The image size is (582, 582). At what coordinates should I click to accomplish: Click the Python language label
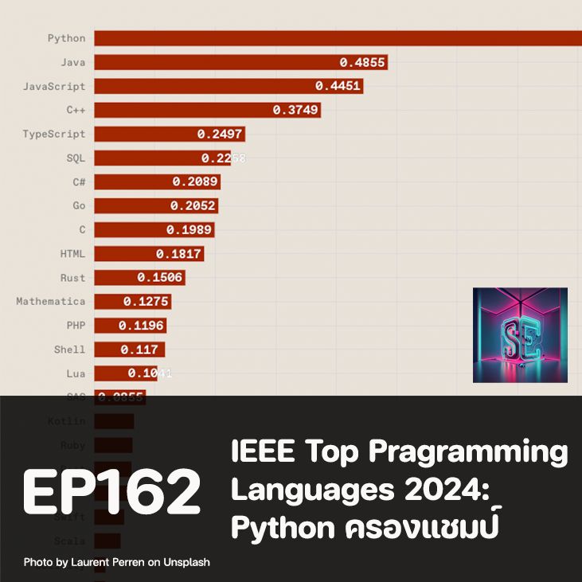(x=66, y=38)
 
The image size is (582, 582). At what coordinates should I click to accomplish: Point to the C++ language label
(x=76, y=110)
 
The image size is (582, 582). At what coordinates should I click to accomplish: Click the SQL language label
(x=76, y=158)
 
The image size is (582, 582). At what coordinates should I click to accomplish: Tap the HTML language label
(x=72, y=253)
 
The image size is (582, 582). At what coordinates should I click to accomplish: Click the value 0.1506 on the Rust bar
(x=160, y=277)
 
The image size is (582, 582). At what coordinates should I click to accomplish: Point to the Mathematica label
(x=51, y=301)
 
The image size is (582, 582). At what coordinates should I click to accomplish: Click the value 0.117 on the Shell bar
(x=139, y=349)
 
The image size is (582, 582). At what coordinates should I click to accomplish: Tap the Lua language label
(x=76, y=373)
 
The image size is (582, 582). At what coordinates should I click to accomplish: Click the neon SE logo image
(x=520, y=334)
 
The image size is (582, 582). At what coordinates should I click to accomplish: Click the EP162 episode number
(x=111, y=491)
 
